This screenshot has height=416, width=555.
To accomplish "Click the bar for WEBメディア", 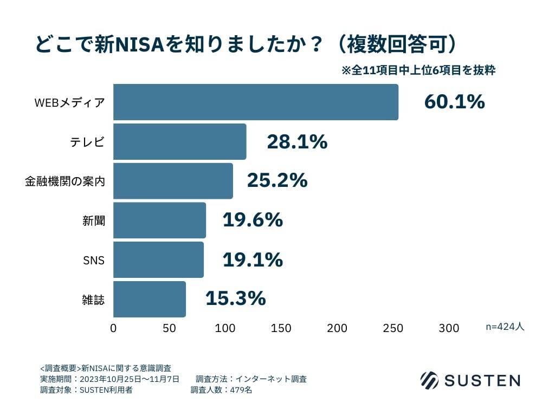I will click(255, 102).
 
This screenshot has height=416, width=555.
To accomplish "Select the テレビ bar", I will click(179, 141).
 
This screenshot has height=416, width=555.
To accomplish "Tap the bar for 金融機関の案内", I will click(173, 181).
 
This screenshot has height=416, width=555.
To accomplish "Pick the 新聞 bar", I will click(159, 220).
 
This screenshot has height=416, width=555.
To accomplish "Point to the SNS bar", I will click(158, 259).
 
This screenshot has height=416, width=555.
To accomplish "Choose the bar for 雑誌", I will click(149, 299).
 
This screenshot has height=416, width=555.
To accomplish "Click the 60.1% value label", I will click(454, 102).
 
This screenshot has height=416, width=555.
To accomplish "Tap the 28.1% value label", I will click(297, 142).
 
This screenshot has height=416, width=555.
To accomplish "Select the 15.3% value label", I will click(235, 298).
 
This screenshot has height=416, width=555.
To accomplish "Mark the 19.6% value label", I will click(253, 220).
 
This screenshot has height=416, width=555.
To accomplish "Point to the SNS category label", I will click(93, 260).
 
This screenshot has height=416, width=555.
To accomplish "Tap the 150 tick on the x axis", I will click(281, 328).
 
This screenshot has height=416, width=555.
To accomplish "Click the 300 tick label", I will click(449, 328).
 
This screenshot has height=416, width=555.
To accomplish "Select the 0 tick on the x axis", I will click(113, 328).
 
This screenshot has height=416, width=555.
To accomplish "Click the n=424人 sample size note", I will click(505, 327).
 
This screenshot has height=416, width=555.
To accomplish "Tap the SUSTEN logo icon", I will click(429, 380).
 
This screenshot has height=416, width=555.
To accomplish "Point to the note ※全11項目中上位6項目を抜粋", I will click(418, 70).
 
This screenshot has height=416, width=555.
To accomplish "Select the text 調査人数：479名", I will click(221, 390).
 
